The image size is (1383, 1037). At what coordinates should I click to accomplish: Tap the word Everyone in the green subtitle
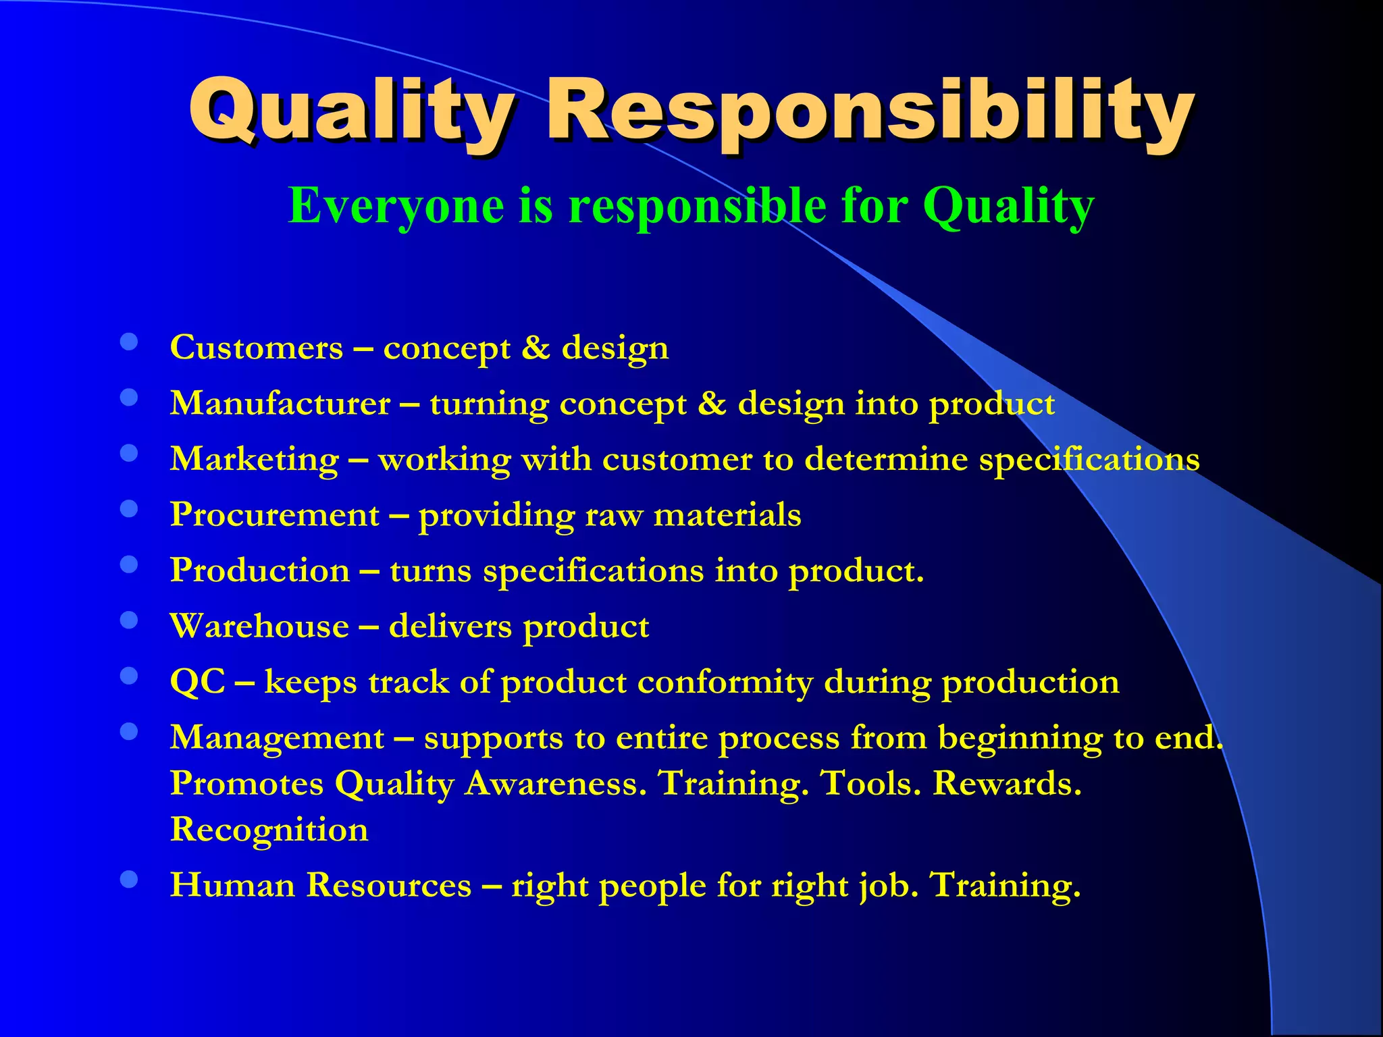tap(396, 205)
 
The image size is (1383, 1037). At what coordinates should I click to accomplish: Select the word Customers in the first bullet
tap(257, 348)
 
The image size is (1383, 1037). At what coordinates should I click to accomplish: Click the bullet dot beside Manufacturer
tap(129, 398)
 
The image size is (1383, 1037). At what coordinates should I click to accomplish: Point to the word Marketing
tap(255, 460)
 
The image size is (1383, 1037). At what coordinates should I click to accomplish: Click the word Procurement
tap(275, 515)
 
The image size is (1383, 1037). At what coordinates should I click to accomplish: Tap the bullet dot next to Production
tap(129, 564)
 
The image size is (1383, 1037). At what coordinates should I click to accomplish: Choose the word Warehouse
tap(260, 627)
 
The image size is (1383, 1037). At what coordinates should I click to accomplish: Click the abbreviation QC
tap(198, 682)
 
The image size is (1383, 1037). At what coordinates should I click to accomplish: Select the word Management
tap(278, 737)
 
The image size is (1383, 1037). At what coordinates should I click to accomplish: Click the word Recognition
tap(269, 830)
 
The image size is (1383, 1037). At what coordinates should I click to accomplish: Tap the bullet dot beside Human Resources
tap(129, 879)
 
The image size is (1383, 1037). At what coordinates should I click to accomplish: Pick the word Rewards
tap(1007, 784)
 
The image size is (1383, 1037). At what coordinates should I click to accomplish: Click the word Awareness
tap(556, 784)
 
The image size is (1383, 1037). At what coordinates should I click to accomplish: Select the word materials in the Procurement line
tap(727, 515)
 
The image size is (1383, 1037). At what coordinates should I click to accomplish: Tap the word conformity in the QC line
tap(725, 682)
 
